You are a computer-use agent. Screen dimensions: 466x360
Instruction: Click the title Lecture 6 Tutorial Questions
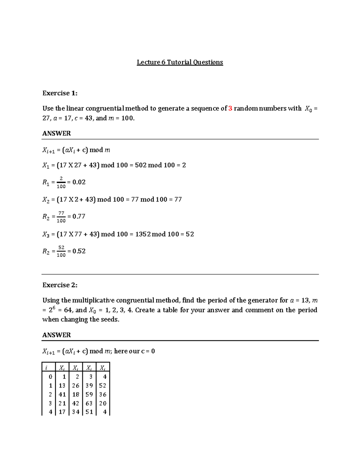180,62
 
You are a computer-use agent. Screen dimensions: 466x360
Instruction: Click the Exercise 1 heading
60,93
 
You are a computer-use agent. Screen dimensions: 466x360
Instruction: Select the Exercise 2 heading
60,285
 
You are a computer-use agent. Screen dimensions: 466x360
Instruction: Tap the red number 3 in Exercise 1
230,109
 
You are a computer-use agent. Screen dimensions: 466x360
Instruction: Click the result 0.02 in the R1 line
79,182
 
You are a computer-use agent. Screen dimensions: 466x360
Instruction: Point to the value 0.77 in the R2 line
79,216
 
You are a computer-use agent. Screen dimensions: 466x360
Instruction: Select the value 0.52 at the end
79,251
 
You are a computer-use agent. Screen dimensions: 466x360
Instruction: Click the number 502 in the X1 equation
141,165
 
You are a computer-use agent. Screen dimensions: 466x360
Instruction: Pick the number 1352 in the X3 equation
143,234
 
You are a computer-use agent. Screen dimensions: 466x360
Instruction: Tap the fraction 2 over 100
61,182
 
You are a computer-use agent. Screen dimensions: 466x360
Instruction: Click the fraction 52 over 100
61,251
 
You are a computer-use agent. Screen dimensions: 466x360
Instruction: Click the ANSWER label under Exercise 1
56,134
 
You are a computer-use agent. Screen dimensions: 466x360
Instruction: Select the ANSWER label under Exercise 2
56,335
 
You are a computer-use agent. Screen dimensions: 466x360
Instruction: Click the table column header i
46,368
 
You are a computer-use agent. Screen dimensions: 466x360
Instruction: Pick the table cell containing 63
89,403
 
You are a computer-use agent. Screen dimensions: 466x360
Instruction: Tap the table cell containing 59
89,394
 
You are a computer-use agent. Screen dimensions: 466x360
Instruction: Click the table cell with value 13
62,386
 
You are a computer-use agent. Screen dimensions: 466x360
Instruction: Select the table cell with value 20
103,403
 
